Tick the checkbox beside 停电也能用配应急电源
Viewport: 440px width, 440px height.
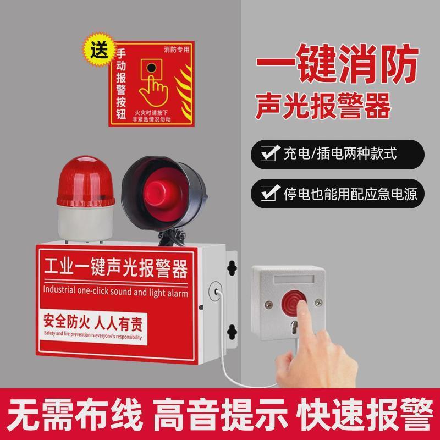(268, 193)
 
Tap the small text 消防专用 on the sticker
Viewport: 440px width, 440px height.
(176, 50)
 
